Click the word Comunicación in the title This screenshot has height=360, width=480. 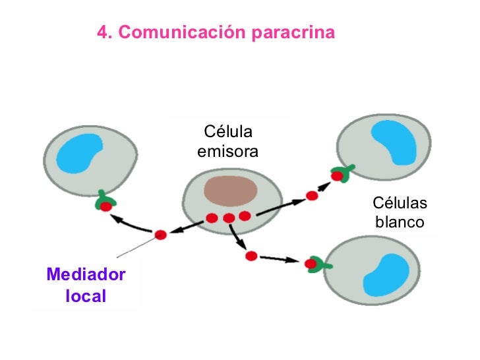184,32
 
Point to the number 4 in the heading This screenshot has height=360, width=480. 102,32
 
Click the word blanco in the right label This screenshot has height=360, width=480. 399,222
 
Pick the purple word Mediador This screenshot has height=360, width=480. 86,274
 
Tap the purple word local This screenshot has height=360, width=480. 86,296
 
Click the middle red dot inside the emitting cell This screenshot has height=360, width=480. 229,218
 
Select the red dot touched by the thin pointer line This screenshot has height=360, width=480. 160,235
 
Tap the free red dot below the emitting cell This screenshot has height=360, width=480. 250,255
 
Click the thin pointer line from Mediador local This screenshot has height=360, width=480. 136,247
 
